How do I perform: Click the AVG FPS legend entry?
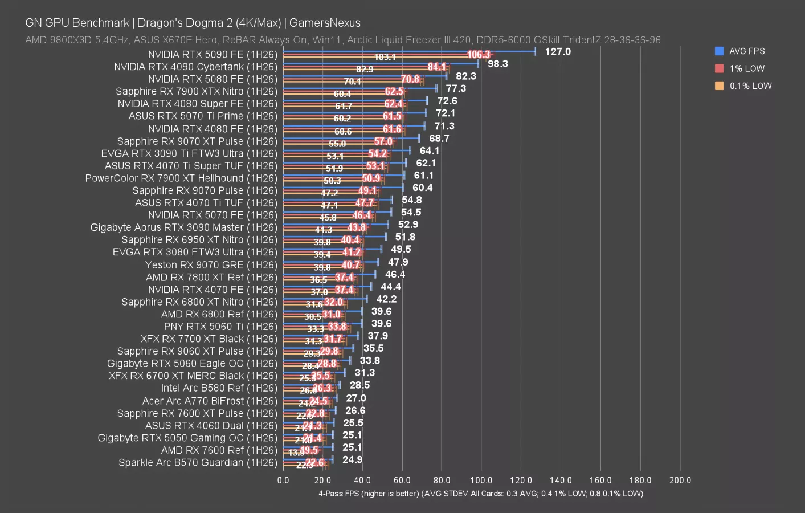pyautogui.click(x=746, y=51)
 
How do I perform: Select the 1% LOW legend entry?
pyautogui.click(x=746, y=68)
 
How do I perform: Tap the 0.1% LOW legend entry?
pyautogui.click(x=750, y=86)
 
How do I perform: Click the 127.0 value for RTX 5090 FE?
pyautogui.click(x=557, y=52)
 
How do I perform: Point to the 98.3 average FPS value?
pyautogui.click(x=497, y=64)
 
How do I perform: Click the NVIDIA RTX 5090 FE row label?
pyautogui.click(x=212, y=55)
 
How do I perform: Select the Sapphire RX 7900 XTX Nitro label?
pyautogui.click(x=196, y=92)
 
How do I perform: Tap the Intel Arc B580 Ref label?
pyautogui.click(x=219, y=388)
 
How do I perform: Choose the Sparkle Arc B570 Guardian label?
pyautogui.click(x=198, y=463)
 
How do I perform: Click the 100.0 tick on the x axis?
pyautogui.click(x=481, y=481)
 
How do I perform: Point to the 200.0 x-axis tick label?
pyautogui.click(x=680, y=481)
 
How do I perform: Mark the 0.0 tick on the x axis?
pyautogui.click(x=283, y=481)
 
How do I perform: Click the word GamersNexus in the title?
pyautogui.click(x=325, y=23)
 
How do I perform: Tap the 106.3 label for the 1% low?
pyautogui.click(x=478, y=55)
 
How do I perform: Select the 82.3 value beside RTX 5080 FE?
pyautogui.click(x=465, y=76)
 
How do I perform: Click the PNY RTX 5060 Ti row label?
pyautogui.click(x=220, y=327)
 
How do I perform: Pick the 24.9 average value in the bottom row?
pyautogui.click(x=352, y=460)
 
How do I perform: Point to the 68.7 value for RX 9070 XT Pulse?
pyautogui.click(x=439, y=139)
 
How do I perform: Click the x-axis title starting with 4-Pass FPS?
pyautogui.click(x=480, y=494)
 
